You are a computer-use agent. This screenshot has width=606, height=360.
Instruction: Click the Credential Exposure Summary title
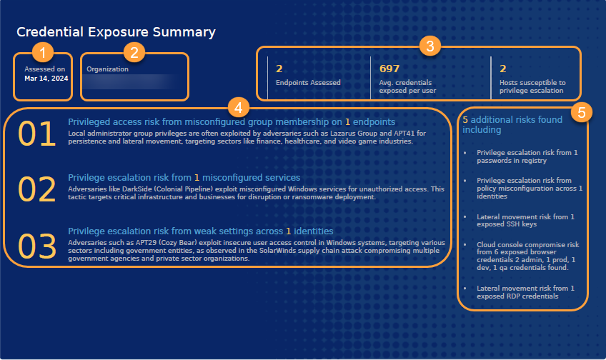(116, 32)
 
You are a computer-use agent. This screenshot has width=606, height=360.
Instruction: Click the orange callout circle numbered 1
(44, 52)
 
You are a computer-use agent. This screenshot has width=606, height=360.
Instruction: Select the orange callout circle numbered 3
(428, 46)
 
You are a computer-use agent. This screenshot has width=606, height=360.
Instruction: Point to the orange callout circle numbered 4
(238, 109)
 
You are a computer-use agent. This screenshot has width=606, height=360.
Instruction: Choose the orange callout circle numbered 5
(583, 113)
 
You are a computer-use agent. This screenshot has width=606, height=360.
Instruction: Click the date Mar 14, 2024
(46, 79)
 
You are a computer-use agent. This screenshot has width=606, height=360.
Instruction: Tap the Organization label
(107, 69)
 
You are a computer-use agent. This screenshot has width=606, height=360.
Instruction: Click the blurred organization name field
(129, 81)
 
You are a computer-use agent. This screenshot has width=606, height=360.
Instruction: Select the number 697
(389, 69)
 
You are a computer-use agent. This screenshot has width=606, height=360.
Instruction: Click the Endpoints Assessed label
(308, 83)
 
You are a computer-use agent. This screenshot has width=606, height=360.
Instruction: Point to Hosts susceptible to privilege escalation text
(532, 86)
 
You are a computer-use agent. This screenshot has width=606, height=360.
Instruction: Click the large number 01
(37, 135)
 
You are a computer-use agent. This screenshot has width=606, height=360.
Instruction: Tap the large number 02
(37, 189)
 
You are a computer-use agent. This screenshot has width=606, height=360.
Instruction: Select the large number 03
(37, 245)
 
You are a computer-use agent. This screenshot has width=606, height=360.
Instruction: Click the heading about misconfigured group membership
(232, 122)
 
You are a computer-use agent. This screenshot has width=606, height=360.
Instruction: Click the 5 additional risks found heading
(512, 125)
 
